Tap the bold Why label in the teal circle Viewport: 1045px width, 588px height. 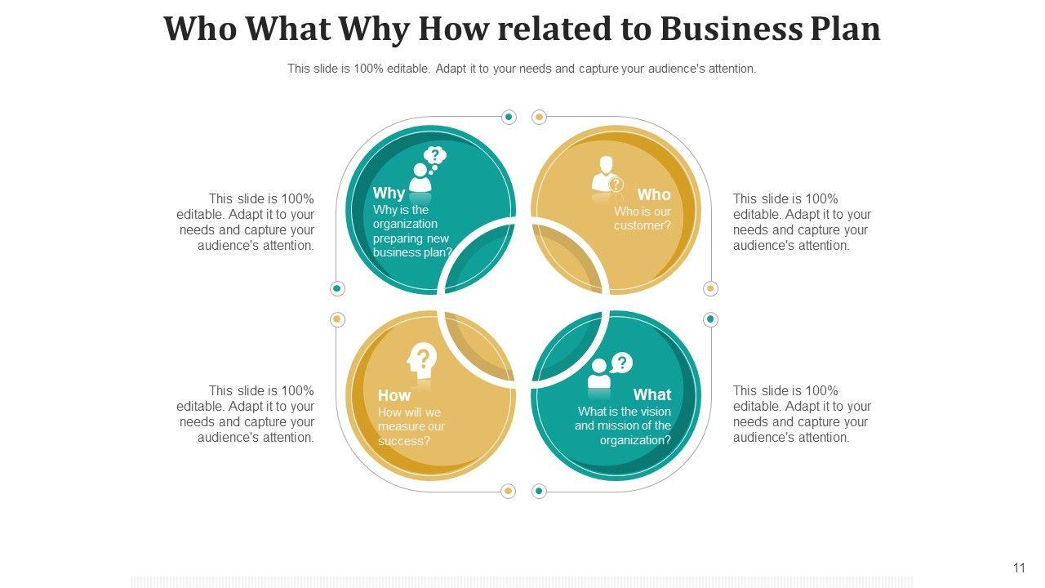coord(389,194)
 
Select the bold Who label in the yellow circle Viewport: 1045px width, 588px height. coord(654,194)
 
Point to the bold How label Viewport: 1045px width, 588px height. coord(394,395)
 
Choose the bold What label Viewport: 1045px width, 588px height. coord(651,395)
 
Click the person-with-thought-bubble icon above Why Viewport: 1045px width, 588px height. coord(427,170)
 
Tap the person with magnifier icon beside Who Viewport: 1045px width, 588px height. coord(607,176)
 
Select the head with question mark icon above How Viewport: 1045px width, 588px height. coord(422,361)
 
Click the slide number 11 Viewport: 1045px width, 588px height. coord(1019,568)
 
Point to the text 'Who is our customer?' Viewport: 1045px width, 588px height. coord(643,219)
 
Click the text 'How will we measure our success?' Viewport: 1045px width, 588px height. coord(411,427)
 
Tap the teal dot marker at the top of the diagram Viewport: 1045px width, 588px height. coord(509,118)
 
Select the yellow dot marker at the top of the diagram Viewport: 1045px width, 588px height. coord(539,118)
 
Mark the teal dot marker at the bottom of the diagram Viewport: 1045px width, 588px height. coord(539,492)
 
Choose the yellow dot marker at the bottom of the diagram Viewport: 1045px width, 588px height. coord(508,492)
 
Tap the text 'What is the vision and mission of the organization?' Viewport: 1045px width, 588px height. coord(624,426)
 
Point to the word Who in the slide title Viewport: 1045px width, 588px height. coord(201,29)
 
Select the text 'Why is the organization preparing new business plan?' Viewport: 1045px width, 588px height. coord(411,231)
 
